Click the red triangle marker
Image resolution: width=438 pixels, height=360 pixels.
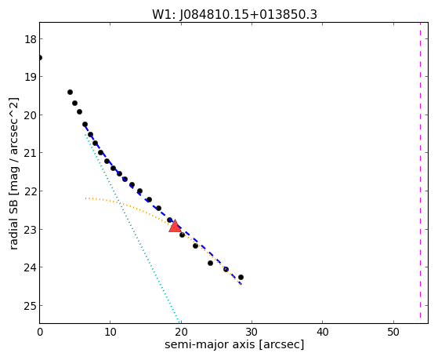coord(175,226)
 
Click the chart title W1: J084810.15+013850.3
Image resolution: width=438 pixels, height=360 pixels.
coord(234,15)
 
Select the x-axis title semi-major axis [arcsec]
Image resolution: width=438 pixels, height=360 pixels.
coord(234,344)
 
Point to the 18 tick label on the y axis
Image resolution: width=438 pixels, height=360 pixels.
coord(31,39)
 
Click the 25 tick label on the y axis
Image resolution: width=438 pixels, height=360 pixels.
coord(31,306)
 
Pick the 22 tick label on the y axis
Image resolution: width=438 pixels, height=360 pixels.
coord(31,191)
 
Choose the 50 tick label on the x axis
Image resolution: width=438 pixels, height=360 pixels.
coord(393,332)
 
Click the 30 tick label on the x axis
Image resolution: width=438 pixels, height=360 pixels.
coord(252,332)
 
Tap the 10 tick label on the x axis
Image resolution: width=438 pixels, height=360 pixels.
coord(110,332)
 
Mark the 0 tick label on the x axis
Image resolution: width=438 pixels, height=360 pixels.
coord(40,332)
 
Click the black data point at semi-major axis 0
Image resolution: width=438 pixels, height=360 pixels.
coord(40,57)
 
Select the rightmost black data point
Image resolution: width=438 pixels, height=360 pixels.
coord(241,277)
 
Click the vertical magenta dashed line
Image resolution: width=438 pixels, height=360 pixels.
coord(420,170)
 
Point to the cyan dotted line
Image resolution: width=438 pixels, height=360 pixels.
coord(132,227)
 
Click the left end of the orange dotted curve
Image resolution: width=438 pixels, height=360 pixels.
coord(85,198)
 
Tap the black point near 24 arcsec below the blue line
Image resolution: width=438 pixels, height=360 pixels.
coord(210,263)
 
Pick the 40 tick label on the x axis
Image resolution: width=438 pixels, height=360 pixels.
coord(322,332)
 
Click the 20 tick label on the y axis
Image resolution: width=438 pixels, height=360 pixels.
coord(31,115)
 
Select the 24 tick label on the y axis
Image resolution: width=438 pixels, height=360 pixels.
coord(31,267)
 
